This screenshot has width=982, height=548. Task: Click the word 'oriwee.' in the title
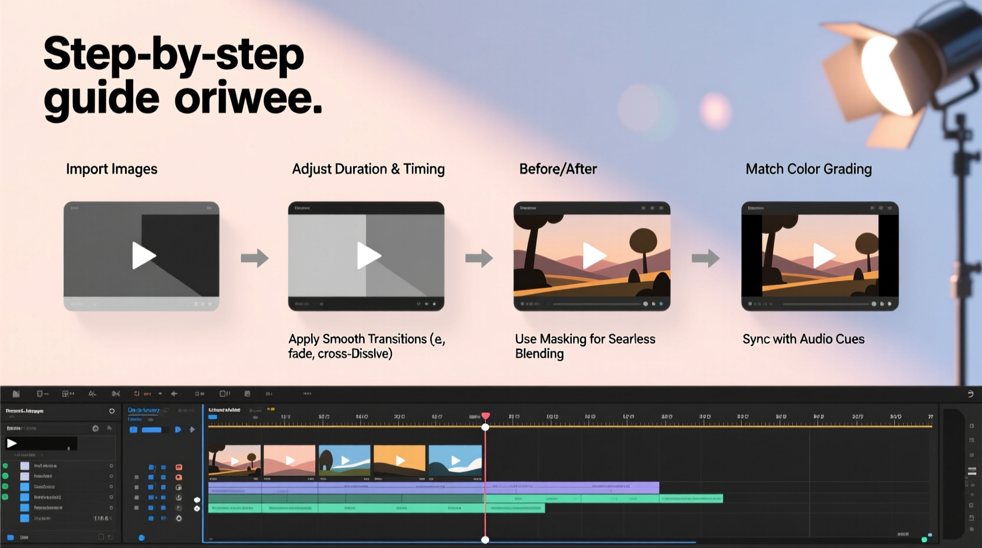(248, 99)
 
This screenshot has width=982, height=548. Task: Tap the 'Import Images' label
(112, 169)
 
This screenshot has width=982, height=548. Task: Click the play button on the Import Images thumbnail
(143, 256)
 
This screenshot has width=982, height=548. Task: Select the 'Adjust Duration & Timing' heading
(368, 169)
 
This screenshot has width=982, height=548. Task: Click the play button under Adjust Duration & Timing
(368, 256)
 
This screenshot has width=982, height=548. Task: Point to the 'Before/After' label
(558, 169)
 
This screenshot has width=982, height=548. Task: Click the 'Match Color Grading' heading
(808, 169)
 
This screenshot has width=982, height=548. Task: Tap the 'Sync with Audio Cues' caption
(803, 340)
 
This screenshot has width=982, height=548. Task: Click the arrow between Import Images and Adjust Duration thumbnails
(254, 258)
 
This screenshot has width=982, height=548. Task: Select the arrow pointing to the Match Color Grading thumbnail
(705, 258)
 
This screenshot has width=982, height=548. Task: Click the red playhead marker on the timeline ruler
(486, 416)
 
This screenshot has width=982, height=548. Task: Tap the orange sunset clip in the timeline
(400, 461)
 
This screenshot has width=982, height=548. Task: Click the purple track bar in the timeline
(433, 488)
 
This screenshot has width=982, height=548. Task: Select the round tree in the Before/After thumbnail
(643, 241)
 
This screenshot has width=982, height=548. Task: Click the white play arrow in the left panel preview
(12, 443)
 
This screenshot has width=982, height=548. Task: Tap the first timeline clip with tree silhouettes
(234, 461)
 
